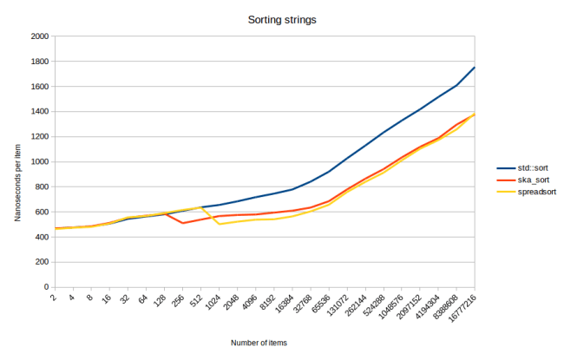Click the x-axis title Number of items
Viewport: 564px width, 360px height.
[x=259, y=343]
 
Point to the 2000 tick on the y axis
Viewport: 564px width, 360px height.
[x=38, y=37]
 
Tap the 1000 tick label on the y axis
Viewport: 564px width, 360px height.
[x=38, y=162]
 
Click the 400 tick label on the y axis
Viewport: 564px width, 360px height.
[x=41, y=237]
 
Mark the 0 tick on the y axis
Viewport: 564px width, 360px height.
[x=45, y=287]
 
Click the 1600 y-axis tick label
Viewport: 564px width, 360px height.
[x=38, y=87]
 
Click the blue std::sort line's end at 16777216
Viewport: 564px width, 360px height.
[x=475, y=68]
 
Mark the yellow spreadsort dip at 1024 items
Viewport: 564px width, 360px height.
[x=220, y=224]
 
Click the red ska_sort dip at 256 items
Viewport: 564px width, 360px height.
[x=183, y=223]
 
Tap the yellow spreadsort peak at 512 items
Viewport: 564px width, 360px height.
[x=201, y=207]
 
